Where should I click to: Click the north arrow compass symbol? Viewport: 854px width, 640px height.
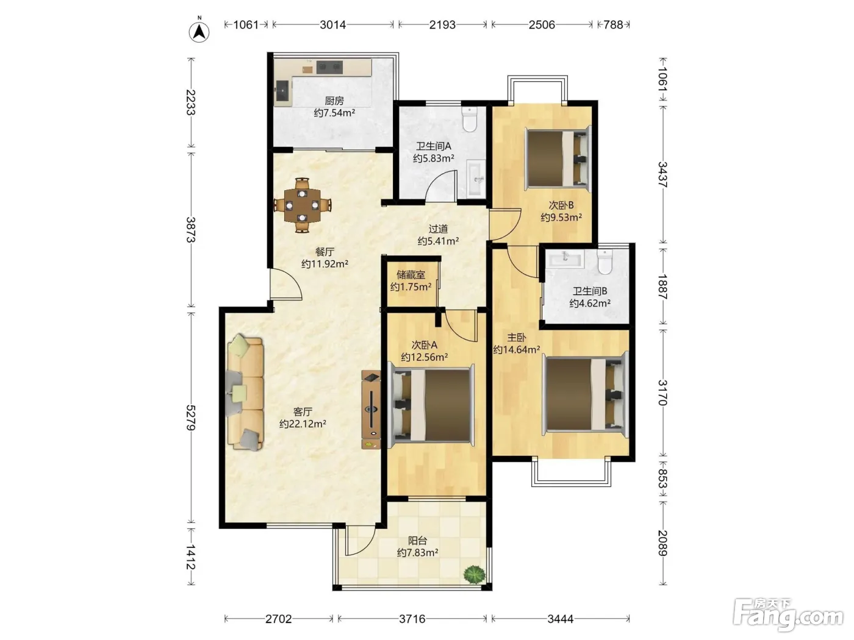199,32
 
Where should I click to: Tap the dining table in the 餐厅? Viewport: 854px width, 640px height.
303,205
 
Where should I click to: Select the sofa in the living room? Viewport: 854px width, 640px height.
245,393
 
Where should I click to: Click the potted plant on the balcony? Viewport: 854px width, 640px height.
474,574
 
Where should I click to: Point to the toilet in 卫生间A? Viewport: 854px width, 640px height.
470,119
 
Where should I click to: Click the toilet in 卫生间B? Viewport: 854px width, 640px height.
605,261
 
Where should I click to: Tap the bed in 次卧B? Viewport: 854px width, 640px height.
558,158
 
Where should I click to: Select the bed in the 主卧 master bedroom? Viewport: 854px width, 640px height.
586,395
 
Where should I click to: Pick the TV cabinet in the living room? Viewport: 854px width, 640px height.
371,410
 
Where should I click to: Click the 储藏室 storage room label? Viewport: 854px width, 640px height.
411,275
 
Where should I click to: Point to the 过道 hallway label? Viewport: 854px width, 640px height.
438,229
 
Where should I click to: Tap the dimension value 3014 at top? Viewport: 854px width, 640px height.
332,25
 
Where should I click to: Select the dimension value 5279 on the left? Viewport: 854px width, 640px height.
191,418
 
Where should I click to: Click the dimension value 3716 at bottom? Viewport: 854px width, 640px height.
412,619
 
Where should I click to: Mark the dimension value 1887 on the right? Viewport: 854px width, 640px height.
662,286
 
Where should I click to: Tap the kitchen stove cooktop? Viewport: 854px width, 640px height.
329,67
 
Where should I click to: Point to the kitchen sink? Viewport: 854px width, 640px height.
282,93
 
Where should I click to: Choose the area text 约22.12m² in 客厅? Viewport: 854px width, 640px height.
303,424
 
